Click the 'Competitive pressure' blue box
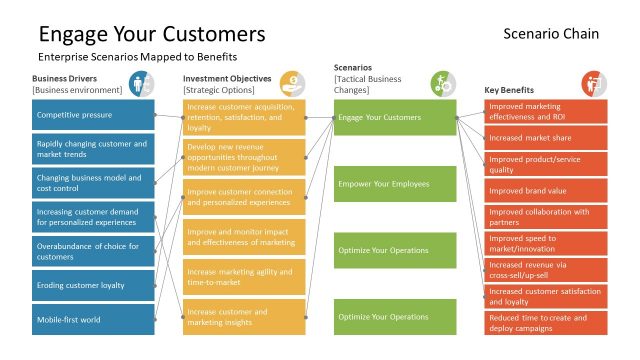(x=93, y=116)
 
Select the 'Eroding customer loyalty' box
(x=93, y=285)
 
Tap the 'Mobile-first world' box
(x=93, y=320)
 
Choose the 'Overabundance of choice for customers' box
(x=93, y=251)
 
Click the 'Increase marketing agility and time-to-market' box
(x=244, y=277)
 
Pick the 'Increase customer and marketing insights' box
(x=244, y=317)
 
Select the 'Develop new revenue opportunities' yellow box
(x=244, y=157)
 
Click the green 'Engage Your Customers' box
(x=395, y=117)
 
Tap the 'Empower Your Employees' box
(x=395, y=184)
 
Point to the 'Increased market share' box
(x=546, y=137)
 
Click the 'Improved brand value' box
(x=546, y=190)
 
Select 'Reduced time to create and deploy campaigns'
(x=546, y=323)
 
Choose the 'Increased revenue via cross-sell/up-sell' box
(x=546, y=270)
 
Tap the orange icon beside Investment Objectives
(x=292, y=83)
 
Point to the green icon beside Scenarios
(x=443, y=83)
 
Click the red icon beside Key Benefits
(x=593, y=83)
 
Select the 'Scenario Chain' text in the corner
(x=552, y=34)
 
